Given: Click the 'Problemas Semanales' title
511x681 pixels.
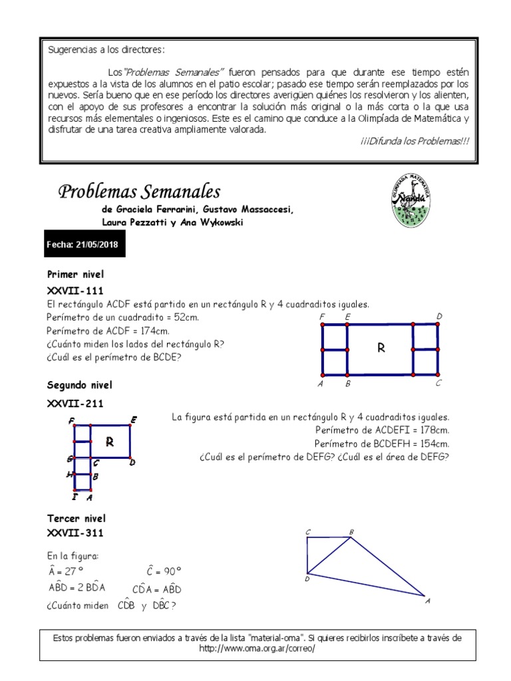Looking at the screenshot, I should pyautogui.click(x=139, y=192).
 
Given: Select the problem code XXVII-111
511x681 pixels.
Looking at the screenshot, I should pyautogui.click(x=75, y=290).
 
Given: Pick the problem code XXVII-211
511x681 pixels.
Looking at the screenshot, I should pyautogui.click(x=75, y=402).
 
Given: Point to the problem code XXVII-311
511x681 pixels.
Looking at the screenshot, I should pyautogui.click(x=75, y=533).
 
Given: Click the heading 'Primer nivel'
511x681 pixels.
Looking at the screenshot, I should pyautogui.click(x=75, y=274).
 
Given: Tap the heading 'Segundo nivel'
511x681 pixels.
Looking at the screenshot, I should pyautogui.click(x=80, y=385).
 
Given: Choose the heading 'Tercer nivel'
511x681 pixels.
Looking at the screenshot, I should pyautogui.click(x=77, y=518).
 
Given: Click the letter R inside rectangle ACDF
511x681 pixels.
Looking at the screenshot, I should pyautogui.click(x=381, y=348).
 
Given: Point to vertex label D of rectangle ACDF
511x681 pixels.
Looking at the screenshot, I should pyautogui.click(x=439, y=315).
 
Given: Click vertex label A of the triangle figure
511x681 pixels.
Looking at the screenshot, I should pyautogui.click(x=427, y=601).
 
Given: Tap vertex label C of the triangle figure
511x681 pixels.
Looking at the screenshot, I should pyautogui.click(x=308, y=531).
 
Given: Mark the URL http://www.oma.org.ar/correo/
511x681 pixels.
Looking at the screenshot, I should pyautogui.click(x=256, y=648).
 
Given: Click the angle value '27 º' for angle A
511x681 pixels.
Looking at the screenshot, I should pyautogui.click(x=71, y=571).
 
